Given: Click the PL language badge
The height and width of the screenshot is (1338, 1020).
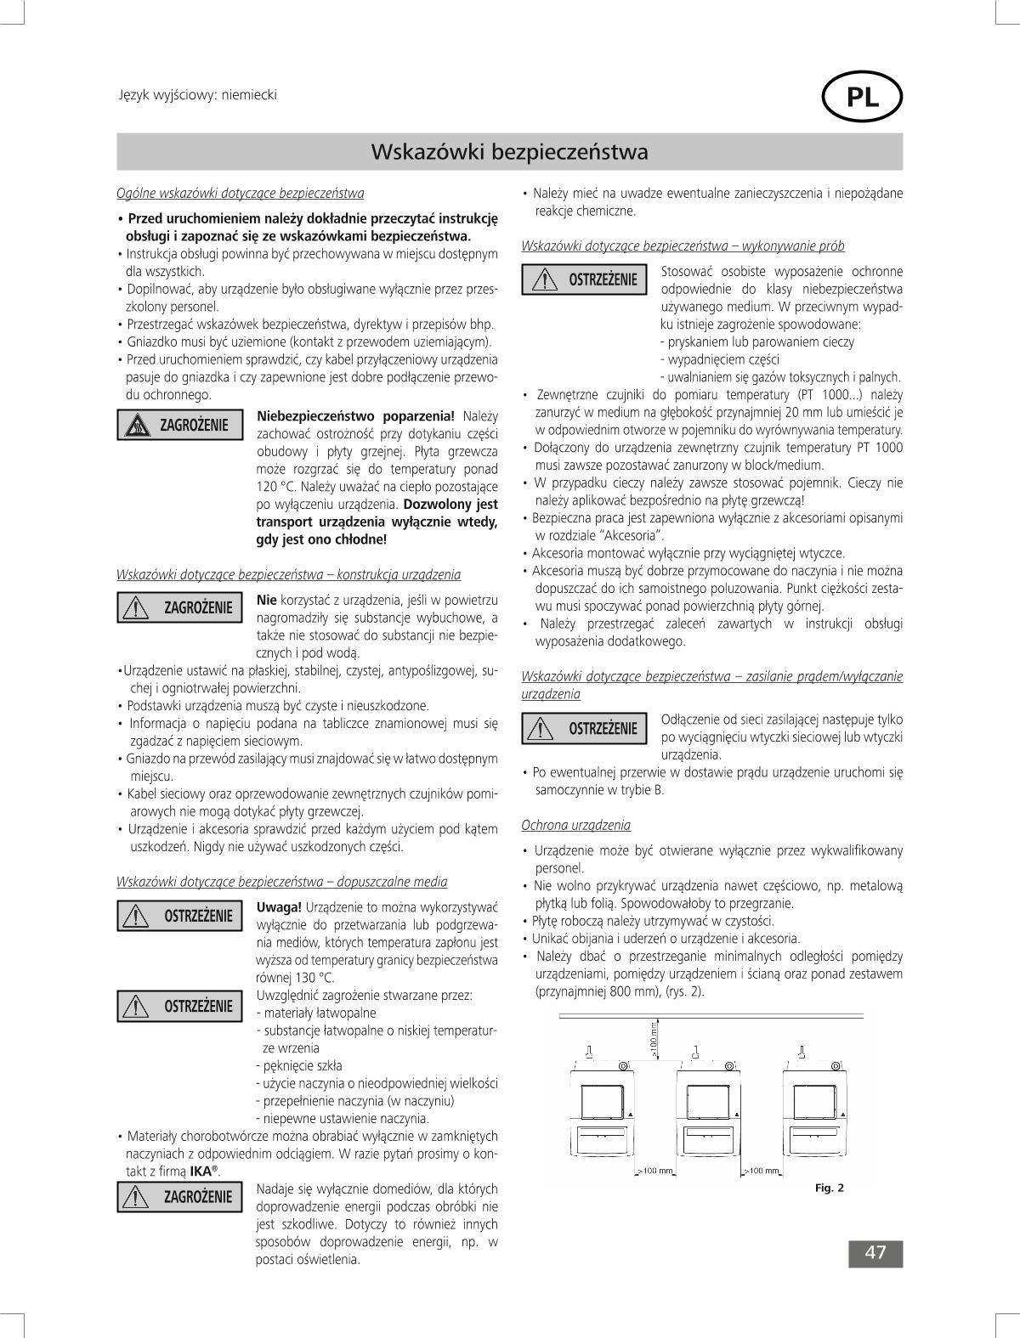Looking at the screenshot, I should [862, 99].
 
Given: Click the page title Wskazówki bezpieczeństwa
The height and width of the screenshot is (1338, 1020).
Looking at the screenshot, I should [509, 152].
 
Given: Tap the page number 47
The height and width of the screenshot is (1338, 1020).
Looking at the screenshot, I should [875, 1253].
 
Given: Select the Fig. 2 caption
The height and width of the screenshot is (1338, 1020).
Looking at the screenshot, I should [829, 1188].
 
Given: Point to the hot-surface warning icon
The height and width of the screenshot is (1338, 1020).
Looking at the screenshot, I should [137, 425].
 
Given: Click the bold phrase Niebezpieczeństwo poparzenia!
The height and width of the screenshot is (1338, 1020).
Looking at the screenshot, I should [355, 416].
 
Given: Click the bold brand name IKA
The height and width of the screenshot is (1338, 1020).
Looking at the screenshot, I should [201, 1171].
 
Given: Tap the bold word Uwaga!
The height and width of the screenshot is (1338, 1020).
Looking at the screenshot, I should [279, 907].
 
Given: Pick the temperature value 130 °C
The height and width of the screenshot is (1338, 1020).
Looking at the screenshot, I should [312, 978].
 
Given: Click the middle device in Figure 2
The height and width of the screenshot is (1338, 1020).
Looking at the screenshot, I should [707, 1121].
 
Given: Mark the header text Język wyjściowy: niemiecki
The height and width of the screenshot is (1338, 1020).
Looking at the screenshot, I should [197, 95].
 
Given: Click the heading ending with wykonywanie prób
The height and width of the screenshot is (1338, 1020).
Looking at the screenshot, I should [683, 246].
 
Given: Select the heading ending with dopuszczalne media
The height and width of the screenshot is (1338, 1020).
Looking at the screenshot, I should [281, 882].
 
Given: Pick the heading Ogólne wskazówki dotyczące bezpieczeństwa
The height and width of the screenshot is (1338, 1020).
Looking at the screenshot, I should [240, 193].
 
